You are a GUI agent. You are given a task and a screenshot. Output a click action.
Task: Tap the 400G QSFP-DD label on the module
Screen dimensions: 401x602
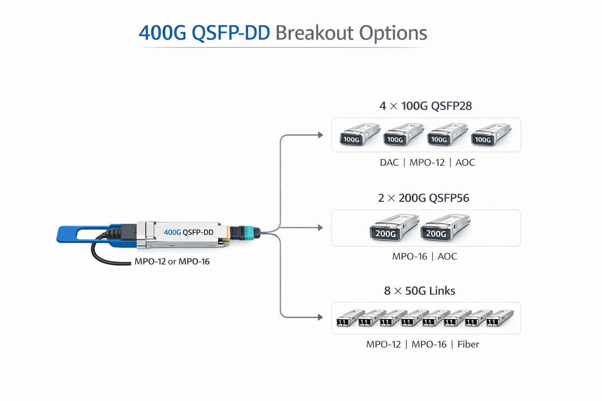[188, 232]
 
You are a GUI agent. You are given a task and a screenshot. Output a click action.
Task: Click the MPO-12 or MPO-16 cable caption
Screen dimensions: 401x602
[172, 262]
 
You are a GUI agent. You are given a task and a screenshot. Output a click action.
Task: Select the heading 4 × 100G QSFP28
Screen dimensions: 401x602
[425, 106]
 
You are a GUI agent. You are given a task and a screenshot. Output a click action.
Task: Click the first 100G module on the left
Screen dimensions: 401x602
[359, 135]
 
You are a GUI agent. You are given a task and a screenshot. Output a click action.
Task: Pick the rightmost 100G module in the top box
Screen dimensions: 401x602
[491, 135]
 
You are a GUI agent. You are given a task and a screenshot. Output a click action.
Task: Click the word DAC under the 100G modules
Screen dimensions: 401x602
[389, 163]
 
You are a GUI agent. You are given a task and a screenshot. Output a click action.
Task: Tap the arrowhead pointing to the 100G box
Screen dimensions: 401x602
[321, 135]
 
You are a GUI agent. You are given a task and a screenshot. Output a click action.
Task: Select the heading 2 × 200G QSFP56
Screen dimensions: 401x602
[423, 198]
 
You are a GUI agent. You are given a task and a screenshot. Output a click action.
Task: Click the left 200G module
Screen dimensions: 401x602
[393, 228]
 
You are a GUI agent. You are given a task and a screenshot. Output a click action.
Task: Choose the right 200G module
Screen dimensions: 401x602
[444, 228]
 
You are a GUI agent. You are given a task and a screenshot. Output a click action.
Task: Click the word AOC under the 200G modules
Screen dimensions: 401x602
[447, 256]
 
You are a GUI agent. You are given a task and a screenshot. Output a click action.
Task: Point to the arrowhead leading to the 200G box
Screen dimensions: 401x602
[321, 228]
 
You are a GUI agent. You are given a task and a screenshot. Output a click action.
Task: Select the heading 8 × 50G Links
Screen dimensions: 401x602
[419, 291]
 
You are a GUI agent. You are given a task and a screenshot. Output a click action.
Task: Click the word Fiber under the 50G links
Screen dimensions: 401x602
[468, 345]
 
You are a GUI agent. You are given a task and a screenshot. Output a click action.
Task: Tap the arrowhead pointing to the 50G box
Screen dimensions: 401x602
[321, 317]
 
